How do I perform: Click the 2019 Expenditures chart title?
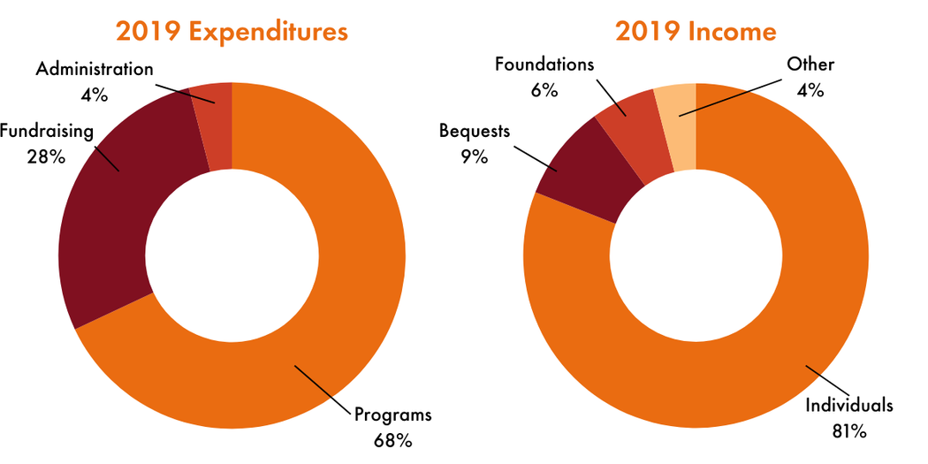(232, 31)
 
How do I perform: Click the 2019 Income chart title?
(696, 31)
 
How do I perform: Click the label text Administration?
(95, 68)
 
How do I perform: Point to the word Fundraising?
(46, 133)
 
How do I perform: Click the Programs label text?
(392, 415)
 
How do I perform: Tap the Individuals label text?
(848, 406)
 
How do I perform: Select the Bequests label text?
(475, 132)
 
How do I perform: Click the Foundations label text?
(544, 64)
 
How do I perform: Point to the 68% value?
(392, 437)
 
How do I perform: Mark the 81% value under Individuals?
(848, 430)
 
